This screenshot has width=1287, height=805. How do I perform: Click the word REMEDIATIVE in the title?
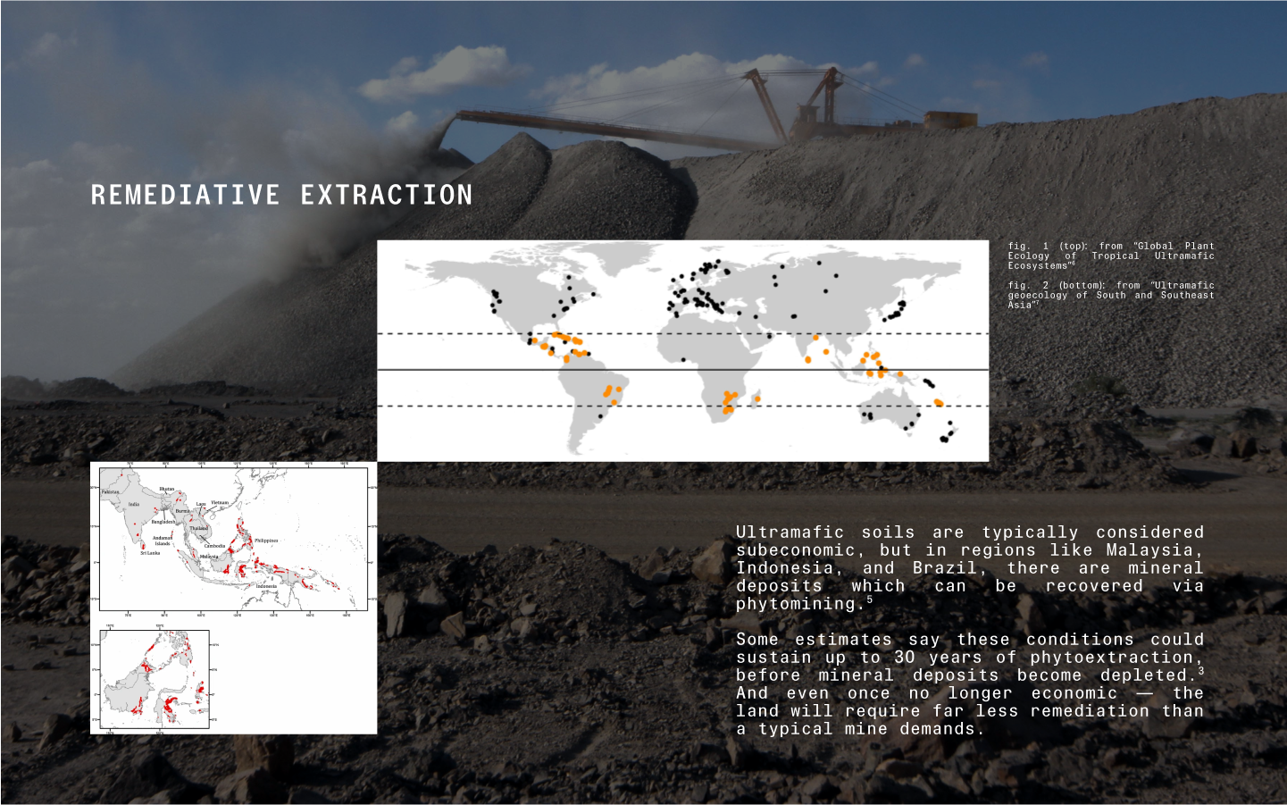185,195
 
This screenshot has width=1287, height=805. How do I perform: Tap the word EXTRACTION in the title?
386,195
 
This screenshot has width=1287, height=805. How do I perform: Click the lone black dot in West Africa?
683,360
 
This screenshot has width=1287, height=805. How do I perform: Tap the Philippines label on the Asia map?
266,541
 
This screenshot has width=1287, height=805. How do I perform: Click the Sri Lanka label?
150,553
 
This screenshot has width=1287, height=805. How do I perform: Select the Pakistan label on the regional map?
110,491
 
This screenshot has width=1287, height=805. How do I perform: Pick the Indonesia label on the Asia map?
266,586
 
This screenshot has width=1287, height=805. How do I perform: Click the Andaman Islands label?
162,541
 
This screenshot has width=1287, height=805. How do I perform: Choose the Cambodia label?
214,546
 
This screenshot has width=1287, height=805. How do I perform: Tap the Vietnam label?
220,502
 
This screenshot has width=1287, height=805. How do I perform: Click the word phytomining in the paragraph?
796,604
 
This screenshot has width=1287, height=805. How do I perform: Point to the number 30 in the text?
906,658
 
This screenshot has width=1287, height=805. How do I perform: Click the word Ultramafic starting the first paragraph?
790,532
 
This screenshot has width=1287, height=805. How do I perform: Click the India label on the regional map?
133,504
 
